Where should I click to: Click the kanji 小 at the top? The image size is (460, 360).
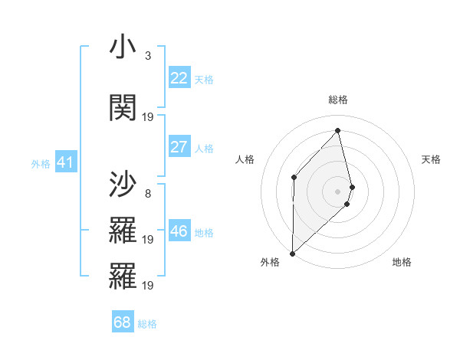click(123, 48)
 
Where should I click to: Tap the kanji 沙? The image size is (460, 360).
click(123, 184)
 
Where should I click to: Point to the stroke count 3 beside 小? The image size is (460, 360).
click(147, 56)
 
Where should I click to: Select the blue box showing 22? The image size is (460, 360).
click(179, 78)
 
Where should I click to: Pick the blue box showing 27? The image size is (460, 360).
click(179, 147)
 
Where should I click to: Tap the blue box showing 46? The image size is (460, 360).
click(179, 231)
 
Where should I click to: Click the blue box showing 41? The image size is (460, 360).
click(65, 162)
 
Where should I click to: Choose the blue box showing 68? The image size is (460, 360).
click(123, 322)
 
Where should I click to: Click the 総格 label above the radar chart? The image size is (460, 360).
click(338, 100)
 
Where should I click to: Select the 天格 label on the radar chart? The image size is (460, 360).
click(431, 159)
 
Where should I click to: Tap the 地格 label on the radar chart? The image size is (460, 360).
click(402, 262)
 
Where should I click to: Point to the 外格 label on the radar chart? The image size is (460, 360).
click(270, 262)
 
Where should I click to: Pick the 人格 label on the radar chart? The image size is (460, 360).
click(245, 159)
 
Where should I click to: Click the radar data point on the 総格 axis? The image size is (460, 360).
click(338, 131)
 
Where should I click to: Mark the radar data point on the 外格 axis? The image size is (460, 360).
click(292, 253)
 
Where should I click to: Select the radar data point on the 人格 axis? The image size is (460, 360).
click(294, 177)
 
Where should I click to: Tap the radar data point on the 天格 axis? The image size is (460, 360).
click(352, 186)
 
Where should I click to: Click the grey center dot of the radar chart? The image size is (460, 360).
click(338, 191)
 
